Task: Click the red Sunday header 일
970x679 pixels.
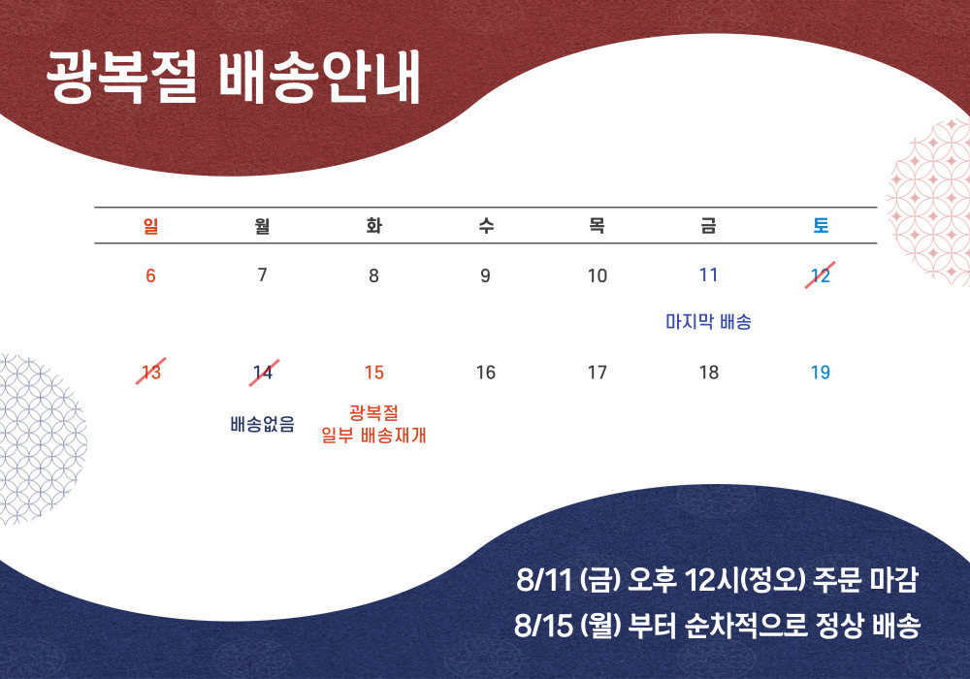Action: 150,226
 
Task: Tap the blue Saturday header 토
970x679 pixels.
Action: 821,226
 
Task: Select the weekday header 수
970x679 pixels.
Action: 486,226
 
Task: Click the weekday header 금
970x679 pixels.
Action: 708,226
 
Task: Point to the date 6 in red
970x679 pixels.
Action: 150,275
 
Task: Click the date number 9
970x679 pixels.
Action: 486,275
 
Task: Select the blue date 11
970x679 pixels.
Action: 708,275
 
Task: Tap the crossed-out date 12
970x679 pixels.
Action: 821,275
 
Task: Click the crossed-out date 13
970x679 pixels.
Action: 151,372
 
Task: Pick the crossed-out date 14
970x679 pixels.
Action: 264,372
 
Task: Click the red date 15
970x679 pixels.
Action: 374,372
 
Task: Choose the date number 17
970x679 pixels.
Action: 597,372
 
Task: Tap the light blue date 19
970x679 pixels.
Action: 821,372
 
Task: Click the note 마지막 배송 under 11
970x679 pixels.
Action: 708,322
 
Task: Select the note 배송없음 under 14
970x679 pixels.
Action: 262,424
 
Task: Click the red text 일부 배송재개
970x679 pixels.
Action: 373,436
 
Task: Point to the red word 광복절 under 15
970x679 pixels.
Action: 373,413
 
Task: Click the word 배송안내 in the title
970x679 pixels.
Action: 319,77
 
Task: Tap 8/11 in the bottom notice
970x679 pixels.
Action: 544,580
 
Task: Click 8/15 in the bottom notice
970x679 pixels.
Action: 544,626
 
